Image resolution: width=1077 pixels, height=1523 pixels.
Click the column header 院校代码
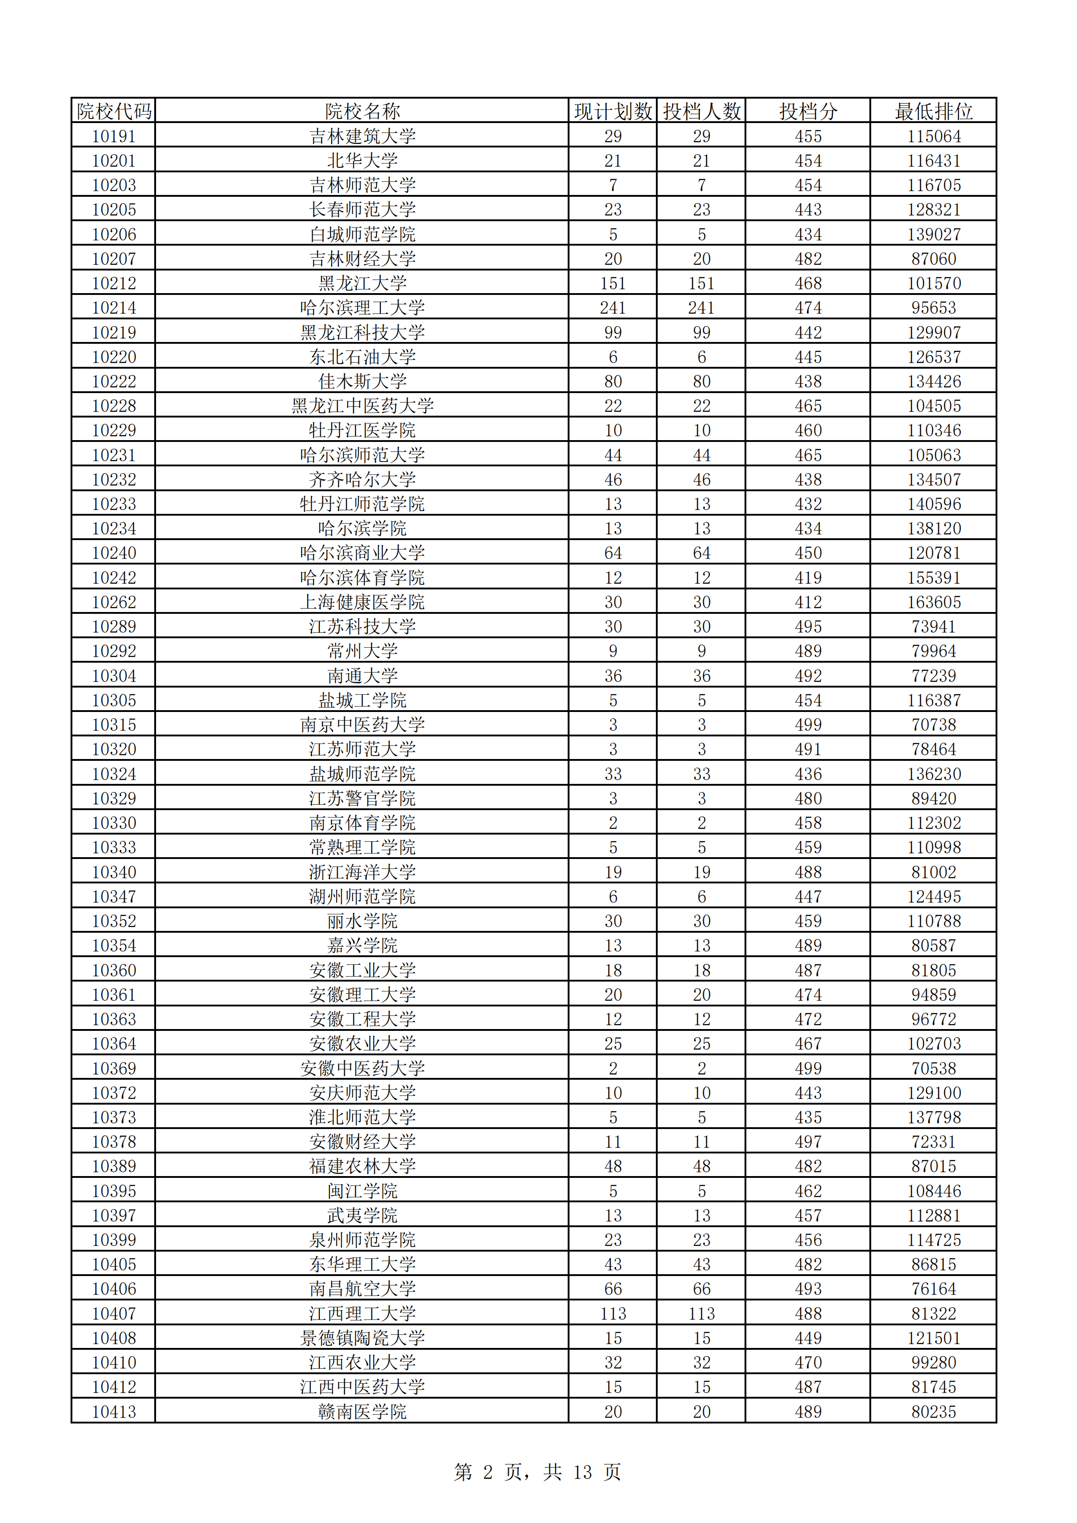click(114, 111)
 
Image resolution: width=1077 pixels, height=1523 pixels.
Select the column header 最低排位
click(933, 111)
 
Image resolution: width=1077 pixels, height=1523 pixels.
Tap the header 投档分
click(808, 111)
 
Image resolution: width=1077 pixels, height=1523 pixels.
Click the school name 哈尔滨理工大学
click(362, 308)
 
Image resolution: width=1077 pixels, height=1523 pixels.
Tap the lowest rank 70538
click(933, 1068)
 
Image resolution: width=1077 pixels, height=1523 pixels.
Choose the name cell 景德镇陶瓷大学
click(362, 1338)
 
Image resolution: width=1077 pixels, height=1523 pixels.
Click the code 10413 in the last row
click(114, 1412)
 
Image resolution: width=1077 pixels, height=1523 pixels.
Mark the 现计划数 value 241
click(613, 308)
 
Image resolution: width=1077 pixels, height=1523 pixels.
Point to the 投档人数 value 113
click(701, 1314)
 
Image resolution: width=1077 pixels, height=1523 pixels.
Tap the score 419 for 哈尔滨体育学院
click(808, 578)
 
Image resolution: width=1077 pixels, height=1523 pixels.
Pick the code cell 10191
click(114, 137)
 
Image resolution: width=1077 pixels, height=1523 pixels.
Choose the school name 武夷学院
click(362, 1215)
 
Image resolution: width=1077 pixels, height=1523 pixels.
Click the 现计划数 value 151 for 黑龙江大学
click(613, 283)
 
